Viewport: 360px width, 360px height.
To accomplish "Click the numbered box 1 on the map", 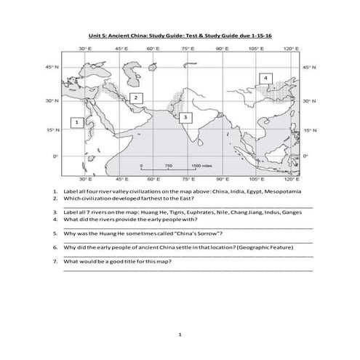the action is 76,124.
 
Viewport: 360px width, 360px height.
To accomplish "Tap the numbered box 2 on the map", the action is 135,97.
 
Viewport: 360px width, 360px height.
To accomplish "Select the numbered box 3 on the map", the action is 186,116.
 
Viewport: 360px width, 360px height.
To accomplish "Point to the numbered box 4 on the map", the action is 265,78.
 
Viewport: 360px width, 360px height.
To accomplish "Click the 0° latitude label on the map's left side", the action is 52,156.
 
